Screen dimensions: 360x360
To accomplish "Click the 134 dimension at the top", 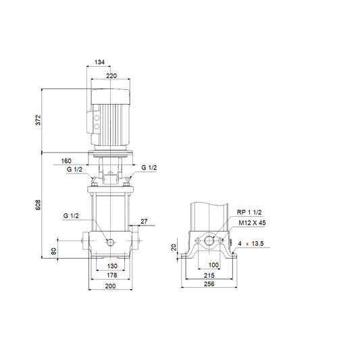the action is [99, 62].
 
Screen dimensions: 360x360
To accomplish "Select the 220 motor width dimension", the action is [111, 76].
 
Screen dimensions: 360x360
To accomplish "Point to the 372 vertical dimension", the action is [38, 120].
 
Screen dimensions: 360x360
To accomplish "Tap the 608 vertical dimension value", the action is [38, 205].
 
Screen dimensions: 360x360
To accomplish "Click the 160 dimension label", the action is [66, 161].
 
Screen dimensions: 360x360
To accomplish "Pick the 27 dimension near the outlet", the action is [144, 222].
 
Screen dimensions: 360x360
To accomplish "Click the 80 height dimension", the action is [53, 251].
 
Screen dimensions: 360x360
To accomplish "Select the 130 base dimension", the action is [112, 266].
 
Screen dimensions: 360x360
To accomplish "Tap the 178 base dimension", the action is [112, 275].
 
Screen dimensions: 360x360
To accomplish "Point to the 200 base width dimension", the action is [111, 286].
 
